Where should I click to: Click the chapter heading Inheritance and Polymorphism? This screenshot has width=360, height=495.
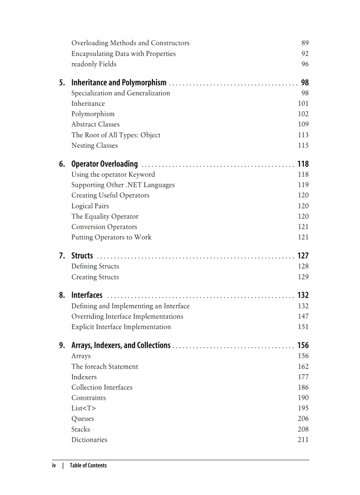(x=119, y=82)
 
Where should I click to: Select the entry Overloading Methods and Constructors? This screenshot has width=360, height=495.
(x=130, y=43)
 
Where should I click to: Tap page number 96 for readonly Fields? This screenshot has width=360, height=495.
(x=305, y=64)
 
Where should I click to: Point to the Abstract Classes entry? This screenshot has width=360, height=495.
(x=95, y=125)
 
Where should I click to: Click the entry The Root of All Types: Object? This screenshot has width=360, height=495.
(x=116, y=135)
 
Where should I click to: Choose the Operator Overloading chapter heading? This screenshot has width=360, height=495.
(x=105, y=164)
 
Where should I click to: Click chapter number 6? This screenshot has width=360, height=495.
(x=62, y=164)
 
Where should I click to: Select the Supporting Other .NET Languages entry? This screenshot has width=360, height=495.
(x=123, y=185)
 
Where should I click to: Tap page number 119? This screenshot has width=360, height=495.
(x=303, y=185)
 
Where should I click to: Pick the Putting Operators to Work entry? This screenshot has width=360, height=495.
(x=111, y=238)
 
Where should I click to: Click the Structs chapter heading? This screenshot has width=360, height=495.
(x=82, y=256)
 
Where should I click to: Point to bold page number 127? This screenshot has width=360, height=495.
(x=303, y=256)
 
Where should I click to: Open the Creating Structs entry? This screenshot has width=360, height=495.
(x=95, y=277)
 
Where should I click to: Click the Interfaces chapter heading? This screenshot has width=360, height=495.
(x=87, y=295)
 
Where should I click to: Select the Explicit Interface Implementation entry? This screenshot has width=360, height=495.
(x=121, y=327)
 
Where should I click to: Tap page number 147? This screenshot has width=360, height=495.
(x=303, y=316)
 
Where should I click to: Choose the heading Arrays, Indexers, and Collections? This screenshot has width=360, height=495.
(x=121, y=346)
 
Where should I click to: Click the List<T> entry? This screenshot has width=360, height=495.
(x=83, y=409)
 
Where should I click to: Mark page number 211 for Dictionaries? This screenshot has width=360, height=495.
(x=303, y=440)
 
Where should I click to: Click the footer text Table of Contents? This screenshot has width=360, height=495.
(x=88, y=465)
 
